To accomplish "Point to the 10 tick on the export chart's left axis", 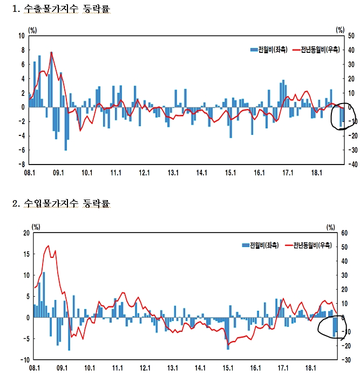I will (x=22, y=36).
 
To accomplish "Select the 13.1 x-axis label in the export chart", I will (x=173, y=173).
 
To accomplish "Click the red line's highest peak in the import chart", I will (x=48, y=246).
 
